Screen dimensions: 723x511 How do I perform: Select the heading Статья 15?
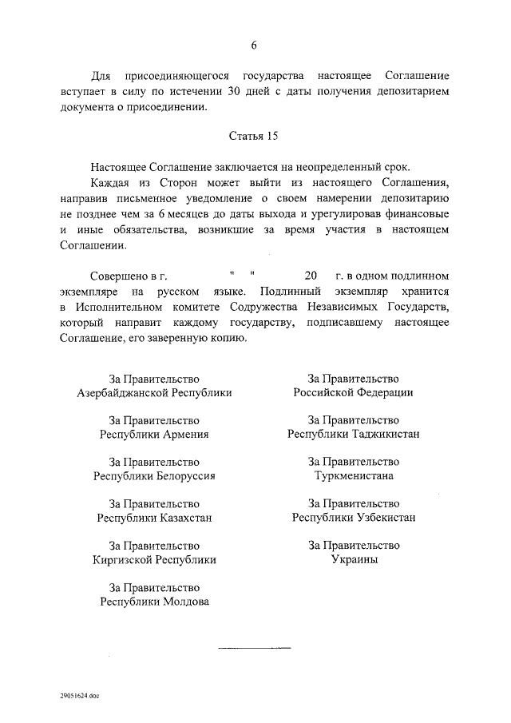coord(254,136)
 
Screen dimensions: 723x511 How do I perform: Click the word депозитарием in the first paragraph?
coord(414,92)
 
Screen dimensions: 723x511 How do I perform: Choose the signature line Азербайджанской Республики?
coord(154,393)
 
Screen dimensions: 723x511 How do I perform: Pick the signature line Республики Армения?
coord(154,435)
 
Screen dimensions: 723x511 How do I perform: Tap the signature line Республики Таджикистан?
coord(354,434)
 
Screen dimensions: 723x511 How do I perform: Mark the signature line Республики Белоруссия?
coord(154,476)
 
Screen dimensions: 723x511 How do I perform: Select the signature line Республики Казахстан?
coord(154,518)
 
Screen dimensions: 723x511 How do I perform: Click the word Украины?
coord(354,559)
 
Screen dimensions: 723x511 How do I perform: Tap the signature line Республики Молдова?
coord(154,602)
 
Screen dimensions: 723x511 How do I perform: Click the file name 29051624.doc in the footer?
coord(80,695)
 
